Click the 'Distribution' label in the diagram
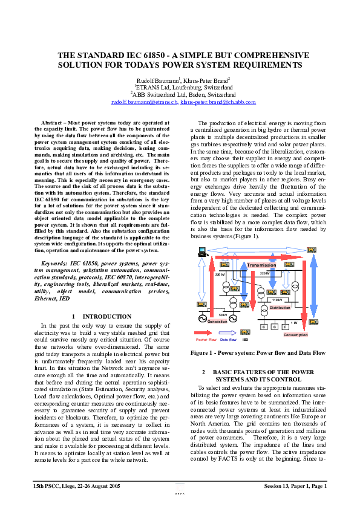pyautogui.click(x=280, y=308)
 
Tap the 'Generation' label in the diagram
pyautogui.click(x=217, y=321)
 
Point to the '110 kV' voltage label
pyautogui.click(x=277, y=300)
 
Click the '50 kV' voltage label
pyautogui.click(x=223, y=314)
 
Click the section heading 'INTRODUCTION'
pyautogui.click(x=106, y=316)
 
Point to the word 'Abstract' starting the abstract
pyautogui.click(x=53, y=123)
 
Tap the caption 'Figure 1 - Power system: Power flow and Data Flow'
pyautogui.click(x=258, y=352)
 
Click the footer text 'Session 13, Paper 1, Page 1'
pyautogui.click(x=295, y=486)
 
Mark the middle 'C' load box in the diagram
pyautogui.click(x=275, y=327)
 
